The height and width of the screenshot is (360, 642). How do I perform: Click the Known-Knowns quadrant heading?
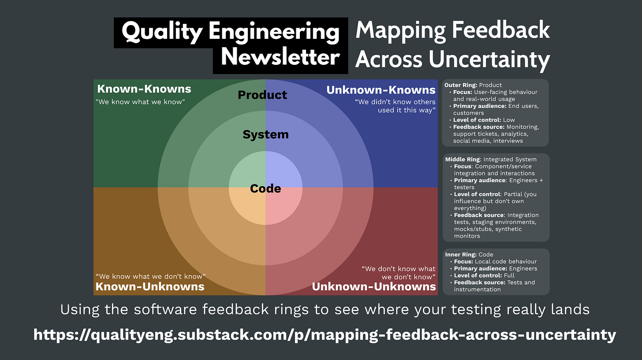[x=144, y=89]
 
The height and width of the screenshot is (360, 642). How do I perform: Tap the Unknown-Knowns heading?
[x=381, y=90]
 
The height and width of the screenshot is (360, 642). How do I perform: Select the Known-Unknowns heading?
[x=150, y=287]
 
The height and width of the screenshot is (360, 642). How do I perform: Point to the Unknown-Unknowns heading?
[x=374, y=287]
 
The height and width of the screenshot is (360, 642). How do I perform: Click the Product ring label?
[x=262, y=95]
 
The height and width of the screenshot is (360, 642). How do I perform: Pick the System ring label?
[x=265, y=135]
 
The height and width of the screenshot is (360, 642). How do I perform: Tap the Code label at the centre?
[x=265, y=189]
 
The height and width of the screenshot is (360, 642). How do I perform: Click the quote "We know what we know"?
[x=140, y=102]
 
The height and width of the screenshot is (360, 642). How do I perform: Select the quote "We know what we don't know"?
[x=151, y=277]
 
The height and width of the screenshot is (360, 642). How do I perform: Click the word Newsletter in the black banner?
[x=280, y=58]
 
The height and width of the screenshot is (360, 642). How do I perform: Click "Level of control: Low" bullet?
[x=484, y=120]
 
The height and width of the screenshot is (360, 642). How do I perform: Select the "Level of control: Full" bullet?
[x=484, y=275]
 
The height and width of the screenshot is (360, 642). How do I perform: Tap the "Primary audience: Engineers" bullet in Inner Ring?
[x=495, y=268]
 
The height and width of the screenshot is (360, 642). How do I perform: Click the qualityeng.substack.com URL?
[x=325, y=335]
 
